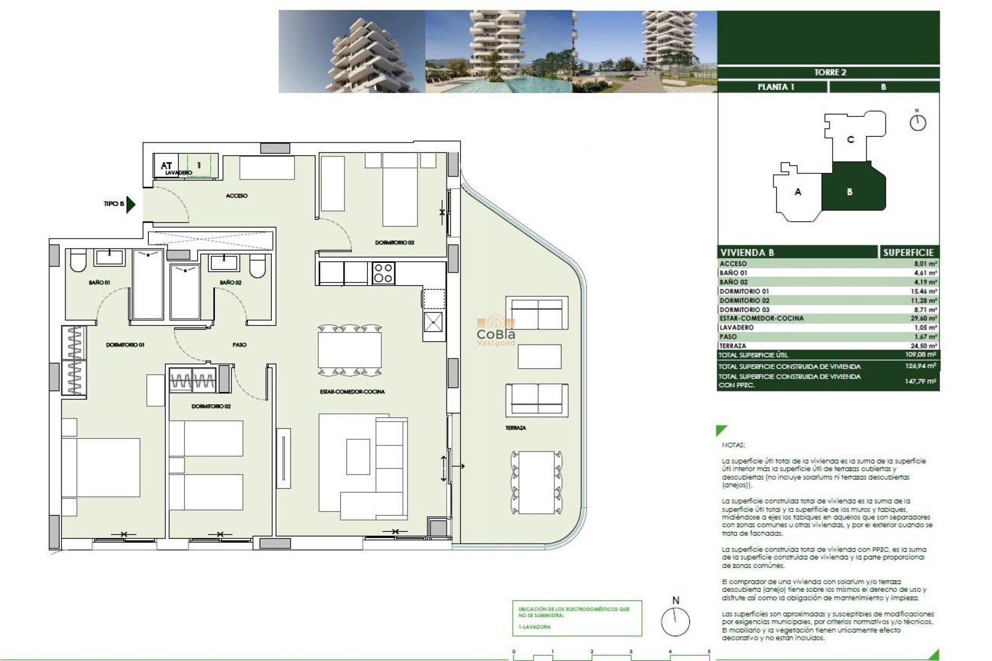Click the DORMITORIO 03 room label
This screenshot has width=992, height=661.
[x=394, y=242]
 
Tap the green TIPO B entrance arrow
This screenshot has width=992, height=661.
[x=131, y=204]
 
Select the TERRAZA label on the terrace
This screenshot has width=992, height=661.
[x=515, y=428]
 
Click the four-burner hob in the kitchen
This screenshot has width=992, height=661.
[x=383, y=273]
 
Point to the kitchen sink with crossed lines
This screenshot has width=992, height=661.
[x=433, y=322]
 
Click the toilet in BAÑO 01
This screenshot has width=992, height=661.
[x=78, y=262]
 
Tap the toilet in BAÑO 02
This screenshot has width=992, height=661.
[x=257, y=265]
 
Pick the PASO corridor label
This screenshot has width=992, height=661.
[x=239, y=344]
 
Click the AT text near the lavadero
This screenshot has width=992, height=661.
[x=166, y=165]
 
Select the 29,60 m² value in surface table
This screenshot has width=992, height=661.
[x=923, y=318]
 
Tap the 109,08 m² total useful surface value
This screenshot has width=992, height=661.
[x=920, y=355]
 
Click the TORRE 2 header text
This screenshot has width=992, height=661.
[x=830, y=72]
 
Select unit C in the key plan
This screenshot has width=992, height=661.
[x=850, y=139]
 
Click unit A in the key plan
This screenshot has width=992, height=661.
[x=797, y=192]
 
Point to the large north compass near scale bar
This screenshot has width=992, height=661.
[x=675, y=621]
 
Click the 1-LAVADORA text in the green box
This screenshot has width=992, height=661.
[x=534, y=626]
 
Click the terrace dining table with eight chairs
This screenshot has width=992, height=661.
[x=536, y=482]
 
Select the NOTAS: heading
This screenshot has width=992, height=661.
[x=733, y=445]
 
